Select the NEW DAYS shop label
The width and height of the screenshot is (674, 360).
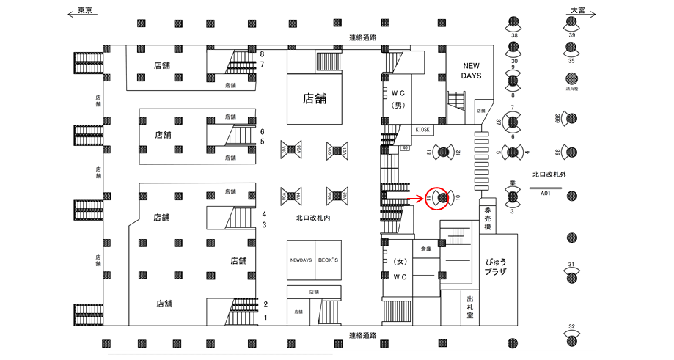coord(470,70)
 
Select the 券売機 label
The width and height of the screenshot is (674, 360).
coord(488,218)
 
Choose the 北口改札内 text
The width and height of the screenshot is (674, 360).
coord(314,218)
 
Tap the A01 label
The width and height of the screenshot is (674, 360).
coord(545,194)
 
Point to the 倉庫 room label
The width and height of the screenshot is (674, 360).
coord(426,250)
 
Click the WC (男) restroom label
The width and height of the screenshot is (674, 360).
coord(398,99)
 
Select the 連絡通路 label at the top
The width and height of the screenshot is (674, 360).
coord(362,37)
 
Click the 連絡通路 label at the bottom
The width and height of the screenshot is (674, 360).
coord(362,335)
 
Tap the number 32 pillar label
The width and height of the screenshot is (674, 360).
coord(571,326)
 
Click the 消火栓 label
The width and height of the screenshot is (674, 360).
coord(571,89)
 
